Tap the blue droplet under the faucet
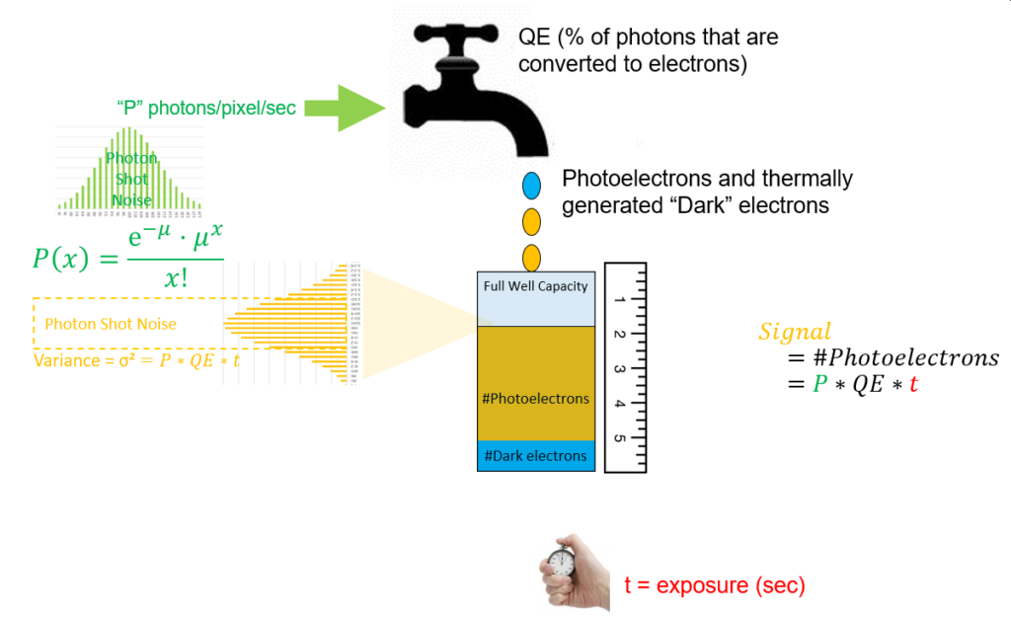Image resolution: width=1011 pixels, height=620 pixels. coord(531,185)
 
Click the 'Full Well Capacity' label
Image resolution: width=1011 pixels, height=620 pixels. coord(535,286)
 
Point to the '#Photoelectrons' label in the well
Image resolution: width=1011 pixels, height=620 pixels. coord(536,399)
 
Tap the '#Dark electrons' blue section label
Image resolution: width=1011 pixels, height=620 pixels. coord(536,455)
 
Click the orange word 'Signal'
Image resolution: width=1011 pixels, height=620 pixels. coord(795,333)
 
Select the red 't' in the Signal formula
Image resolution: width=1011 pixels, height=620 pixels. coord(913,384)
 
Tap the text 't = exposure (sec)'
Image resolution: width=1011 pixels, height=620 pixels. coord(715,585)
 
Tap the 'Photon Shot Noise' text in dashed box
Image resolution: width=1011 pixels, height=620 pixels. coord(111,323)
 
